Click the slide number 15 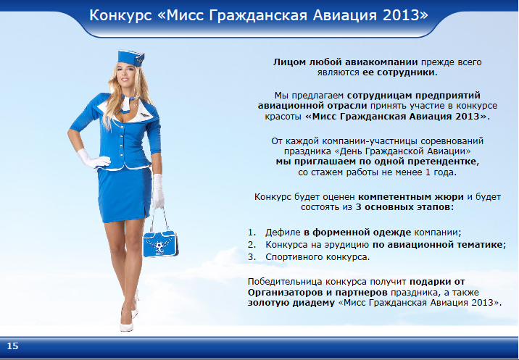pos(12,346)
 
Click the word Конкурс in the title pos(120,15)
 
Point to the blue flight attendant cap pos(130,58)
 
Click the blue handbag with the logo pos(160,243)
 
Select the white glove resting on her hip pos(94,159)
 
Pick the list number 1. pos(252,233)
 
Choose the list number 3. pos(252,256)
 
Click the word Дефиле pos(283,233)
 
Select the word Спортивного pos(294,257)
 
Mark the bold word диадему pos(313,303)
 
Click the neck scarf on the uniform pos(128,103)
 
